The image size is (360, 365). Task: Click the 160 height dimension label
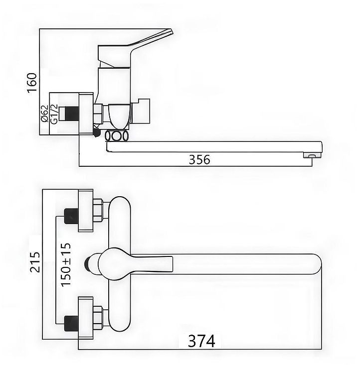tap(32, 83)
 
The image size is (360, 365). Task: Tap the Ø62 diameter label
tap(44, 114)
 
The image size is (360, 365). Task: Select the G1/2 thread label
tap(54, 114)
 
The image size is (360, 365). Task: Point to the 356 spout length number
tap(199, 160)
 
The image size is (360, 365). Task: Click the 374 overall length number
tap(201, 341)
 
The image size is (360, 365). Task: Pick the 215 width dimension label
tap(35, 261)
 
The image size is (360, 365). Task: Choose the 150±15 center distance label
tap(65, 264)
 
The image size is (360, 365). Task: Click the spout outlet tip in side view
tap(313, 155)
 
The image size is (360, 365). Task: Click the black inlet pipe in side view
tap(72, 114)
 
